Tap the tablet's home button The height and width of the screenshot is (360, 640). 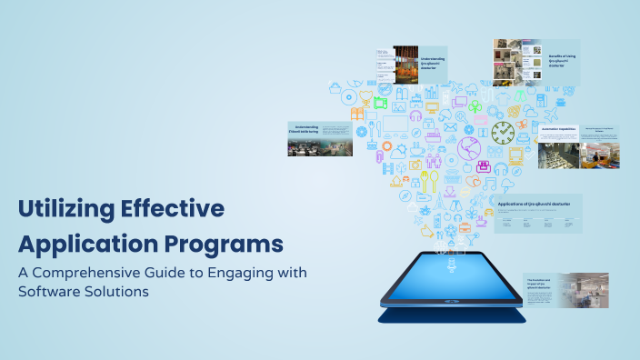pyautogui.click(x=452, y=308)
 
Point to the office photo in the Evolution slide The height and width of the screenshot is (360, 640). pyautogui.click(x=585, y=288)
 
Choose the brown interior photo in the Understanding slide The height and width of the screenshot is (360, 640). pyautogui.click(x=405, y=67)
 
